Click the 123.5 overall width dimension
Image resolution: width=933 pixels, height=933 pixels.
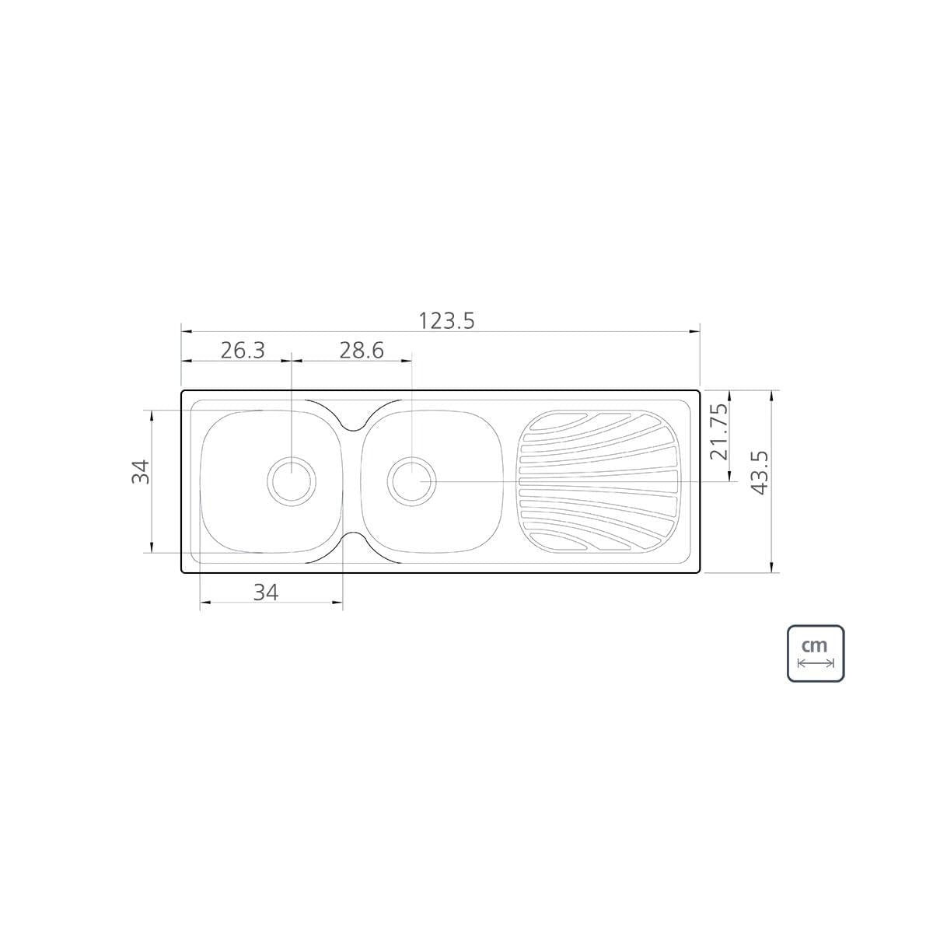[446, 321]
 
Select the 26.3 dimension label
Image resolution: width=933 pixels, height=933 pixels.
[243, 351]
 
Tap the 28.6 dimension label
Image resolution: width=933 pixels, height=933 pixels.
[362, 351]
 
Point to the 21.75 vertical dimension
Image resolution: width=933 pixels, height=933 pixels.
[718, 432]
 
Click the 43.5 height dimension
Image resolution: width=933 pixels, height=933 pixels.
[759, 473]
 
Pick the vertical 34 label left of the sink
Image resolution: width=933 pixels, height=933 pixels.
[141, 472]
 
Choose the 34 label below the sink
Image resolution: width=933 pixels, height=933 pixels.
[266, 592]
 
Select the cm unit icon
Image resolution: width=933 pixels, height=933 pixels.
[816, 654]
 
